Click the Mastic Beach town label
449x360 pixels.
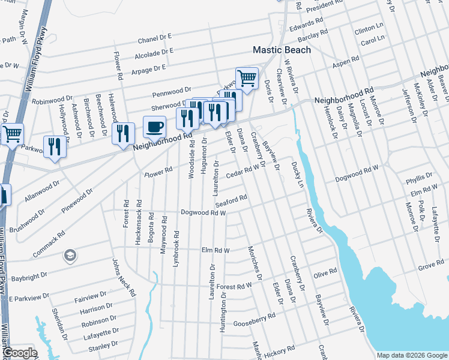282,50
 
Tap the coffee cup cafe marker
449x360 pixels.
154,128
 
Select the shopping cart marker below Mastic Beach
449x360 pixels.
246,77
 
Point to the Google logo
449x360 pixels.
19,353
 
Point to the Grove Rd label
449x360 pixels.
431,264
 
